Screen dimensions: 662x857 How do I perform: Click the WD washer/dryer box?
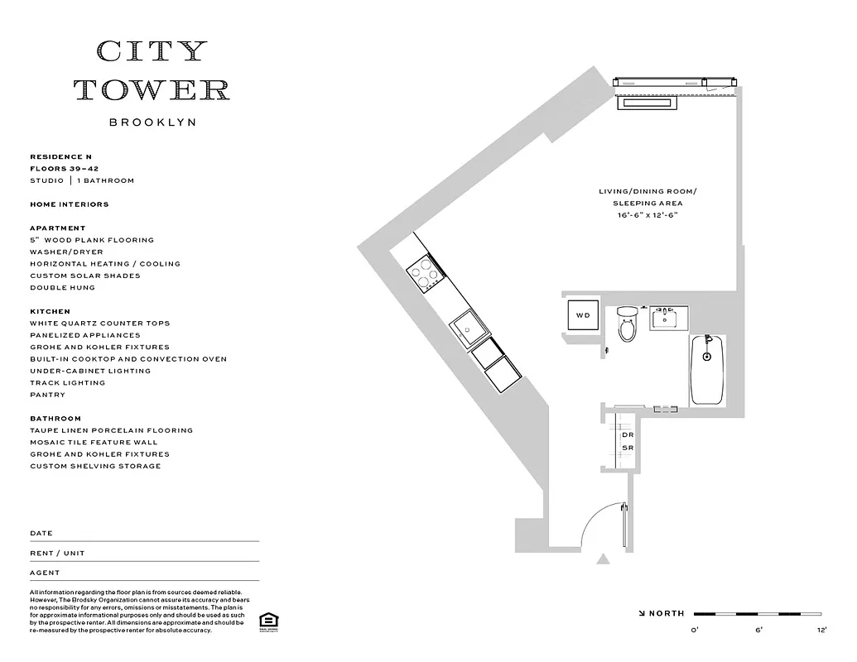tap(583, 315)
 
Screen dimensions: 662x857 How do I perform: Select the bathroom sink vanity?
tap(665, 317)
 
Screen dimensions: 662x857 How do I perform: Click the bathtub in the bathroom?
tap(707, 369)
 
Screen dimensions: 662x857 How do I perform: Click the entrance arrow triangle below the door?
tap(603, 560)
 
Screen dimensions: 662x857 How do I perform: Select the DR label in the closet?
tap(627, 435)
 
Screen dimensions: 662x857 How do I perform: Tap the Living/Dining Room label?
tap(648, 192)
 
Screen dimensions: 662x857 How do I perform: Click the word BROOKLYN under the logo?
tap(152, 122)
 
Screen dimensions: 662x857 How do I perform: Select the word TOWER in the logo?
tap(152, 89)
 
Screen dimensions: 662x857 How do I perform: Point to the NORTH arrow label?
tap(662, 614)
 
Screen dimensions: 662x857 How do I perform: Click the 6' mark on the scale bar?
tap(757, 631)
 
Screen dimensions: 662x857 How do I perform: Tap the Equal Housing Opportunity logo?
tap(267, 621)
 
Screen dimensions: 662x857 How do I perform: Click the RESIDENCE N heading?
tap(56, 156)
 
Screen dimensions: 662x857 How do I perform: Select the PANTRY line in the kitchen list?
tap(47, 395)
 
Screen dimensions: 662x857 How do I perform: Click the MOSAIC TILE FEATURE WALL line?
tap(94, 443)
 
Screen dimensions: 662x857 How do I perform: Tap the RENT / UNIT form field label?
tap(57, 554)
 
